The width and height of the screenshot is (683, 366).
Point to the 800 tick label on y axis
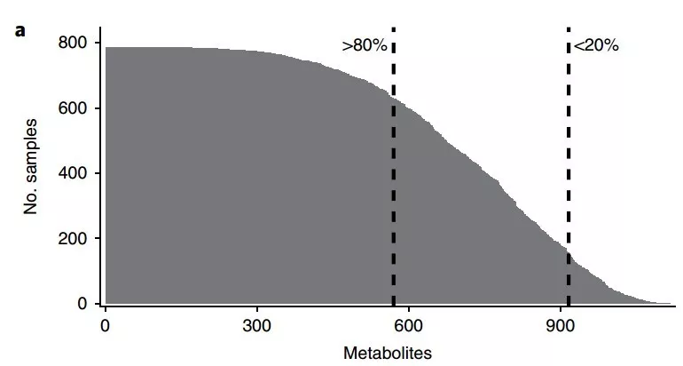pyautogui.click(x=72, y=43)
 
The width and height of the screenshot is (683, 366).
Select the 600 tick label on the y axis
pyautogui.click(x=72, y=108)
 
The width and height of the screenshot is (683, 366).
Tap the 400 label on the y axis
pyautogui.click(x=72, y=173)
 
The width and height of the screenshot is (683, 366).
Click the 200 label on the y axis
pyautogui.click(x=72, y=239)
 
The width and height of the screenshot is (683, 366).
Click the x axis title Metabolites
pyautogui.click(x=387, y=353)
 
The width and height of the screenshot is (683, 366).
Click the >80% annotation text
pyautogui.click(x=365, y=45)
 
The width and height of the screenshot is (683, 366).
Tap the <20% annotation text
pyautogui.click(x=596, y=45)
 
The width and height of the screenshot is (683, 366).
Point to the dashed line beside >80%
pyautogui.click(x=393, y=178)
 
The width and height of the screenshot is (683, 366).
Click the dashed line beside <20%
pyautogui.click(x=568, y=178)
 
